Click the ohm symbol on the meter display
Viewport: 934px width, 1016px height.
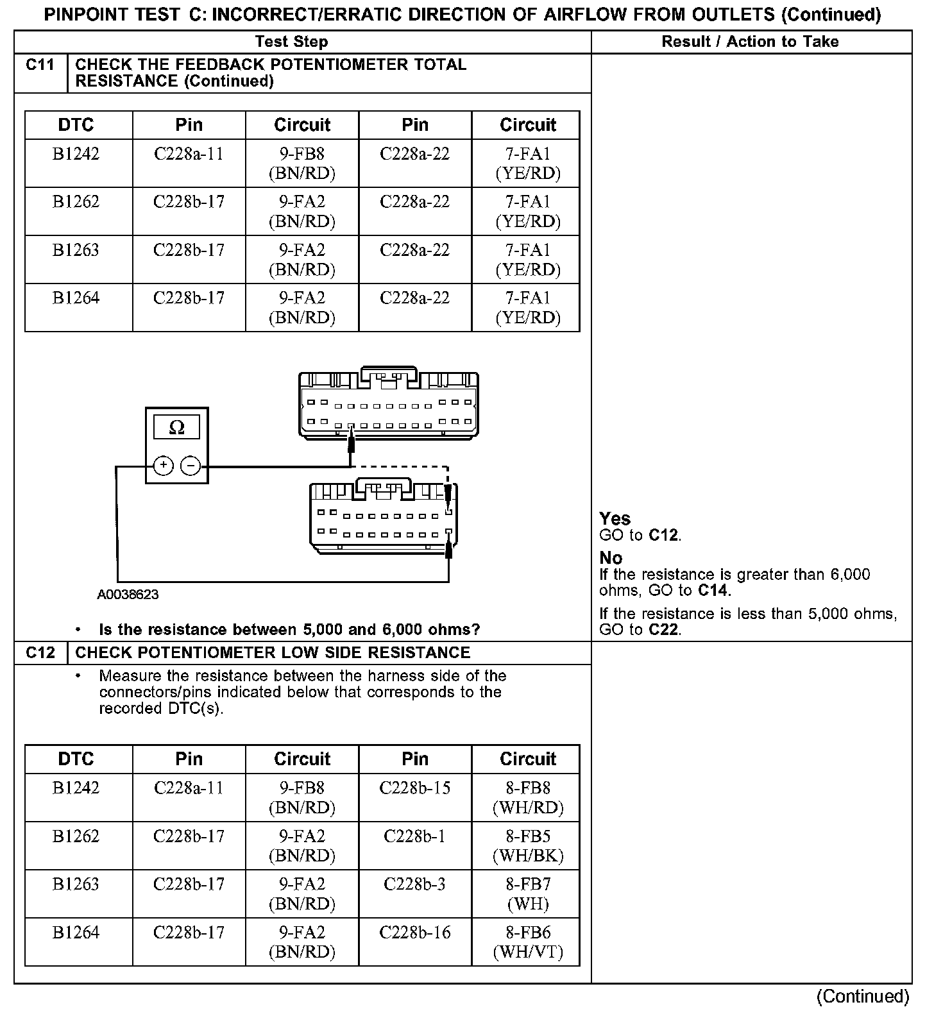[x=176, y=428]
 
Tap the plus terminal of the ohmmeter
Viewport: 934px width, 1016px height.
[x=164, y=466]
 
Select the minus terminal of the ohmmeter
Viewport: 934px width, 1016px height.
[x=191, y=466]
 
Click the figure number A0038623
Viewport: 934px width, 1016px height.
[x=128, y=595]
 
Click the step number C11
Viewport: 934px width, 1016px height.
[x=40, y=65]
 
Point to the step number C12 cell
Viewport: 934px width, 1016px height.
[x=40, y=653]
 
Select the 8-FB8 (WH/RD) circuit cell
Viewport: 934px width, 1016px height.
[x=527, y=797]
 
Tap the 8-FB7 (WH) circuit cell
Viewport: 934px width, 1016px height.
[x=527, y=893]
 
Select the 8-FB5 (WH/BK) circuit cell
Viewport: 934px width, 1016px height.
[x=527, y=845]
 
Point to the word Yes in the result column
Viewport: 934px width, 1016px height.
[x=615, y=519]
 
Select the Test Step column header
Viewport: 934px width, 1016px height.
[x=291, y=42]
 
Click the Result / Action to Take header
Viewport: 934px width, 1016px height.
[x=750, y=42]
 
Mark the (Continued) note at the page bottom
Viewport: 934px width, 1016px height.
[x=863, y=996]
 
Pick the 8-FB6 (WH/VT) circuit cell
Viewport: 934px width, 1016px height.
[x=527, y=942]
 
